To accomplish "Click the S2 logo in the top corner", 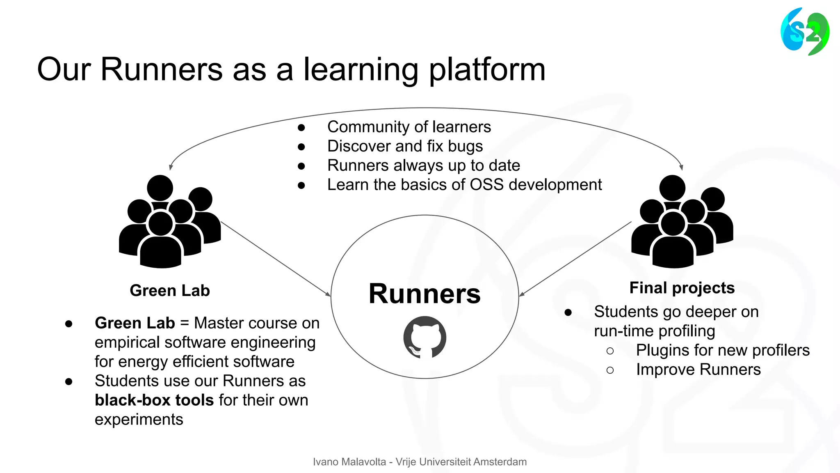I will coord(805,32).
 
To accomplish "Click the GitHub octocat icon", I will coord(425,338).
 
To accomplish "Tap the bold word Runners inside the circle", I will coord(425,294).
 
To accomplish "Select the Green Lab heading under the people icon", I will coord(170,291).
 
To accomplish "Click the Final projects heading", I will coord(682,288).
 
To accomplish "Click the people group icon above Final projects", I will coord(682,222).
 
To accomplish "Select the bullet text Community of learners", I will coord(409,127).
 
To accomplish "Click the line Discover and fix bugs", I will coord(405,146).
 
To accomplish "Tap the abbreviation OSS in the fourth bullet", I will coord(486,185).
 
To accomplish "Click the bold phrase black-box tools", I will coord(154,400).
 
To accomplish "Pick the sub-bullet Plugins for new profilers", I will coord(722,350).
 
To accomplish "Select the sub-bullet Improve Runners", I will coord(698,370).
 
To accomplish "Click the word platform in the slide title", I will coord(487,70).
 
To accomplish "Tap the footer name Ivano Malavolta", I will coord(349,462).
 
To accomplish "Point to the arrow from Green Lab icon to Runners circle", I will coord(276,259).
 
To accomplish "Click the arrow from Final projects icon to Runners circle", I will coord(575,259).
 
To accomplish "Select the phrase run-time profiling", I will coord(654,331).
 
